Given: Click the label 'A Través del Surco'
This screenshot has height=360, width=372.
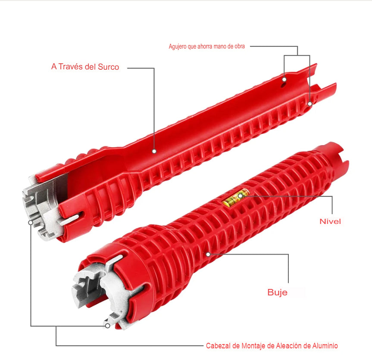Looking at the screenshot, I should pyautogui.click(x=85, y=67).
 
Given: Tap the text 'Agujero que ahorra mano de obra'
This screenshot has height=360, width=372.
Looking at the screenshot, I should pyautogui.click(x=206, y=47).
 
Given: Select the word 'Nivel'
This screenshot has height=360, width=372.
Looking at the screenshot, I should pyautogui.click(x=330, y=221).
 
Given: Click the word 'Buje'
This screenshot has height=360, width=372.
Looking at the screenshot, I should pyautogui.click(x=277, y=292).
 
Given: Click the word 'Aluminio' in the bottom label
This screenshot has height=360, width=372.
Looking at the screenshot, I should pyautogui.click(x=326, y=345).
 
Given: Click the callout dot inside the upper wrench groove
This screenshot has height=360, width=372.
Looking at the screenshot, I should pyautogui.click(x=153, y=151).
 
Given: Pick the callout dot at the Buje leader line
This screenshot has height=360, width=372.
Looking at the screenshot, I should pyautogui.click(x=208, y=254).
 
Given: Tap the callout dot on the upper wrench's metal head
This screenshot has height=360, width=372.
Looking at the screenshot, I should pyautogui.click(x=31, y=223).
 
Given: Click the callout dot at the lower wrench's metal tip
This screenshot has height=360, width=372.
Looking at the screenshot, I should pyautogui.click(x=107, y=326).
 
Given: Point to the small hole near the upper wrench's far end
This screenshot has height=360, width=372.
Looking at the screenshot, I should pyautogui.click(x=284, y=80).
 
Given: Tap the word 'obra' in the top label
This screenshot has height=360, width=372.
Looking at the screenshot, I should pyautogui.click(x=239, y=47).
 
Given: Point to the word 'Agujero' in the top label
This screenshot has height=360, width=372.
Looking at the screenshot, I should pyautogui.click(x=177, y=47).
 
